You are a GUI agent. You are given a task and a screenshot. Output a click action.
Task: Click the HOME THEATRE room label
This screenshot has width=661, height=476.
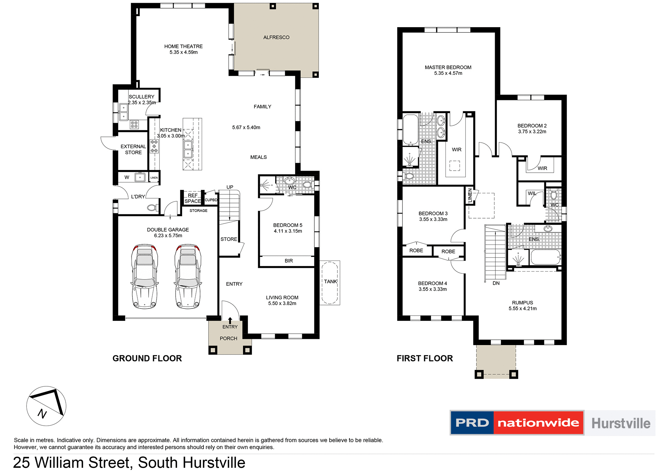(x=183, y=46)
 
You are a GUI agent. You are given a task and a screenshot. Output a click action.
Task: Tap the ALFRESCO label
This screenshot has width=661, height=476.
(x=276, y=37)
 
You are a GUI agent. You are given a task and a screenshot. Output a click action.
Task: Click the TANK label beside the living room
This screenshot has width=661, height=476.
(x=330, y=282)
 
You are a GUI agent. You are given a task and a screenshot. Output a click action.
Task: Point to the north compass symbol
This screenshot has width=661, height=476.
(x=46, y=406)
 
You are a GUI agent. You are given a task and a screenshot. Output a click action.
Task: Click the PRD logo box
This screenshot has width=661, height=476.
(x=472, y=423)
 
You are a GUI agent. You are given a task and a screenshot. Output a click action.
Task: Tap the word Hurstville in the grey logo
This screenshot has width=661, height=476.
(x=621, y=423)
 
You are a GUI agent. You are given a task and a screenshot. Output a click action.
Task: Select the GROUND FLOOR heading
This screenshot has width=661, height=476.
(x=147, y=358)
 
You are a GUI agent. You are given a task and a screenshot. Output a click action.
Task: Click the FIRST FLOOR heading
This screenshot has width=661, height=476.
(x=424, y=358)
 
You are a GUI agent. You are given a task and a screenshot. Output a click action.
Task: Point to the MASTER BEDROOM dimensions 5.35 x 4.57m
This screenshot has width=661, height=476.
(x=448, y=73)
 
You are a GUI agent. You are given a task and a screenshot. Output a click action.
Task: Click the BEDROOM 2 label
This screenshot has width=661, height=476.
(x=532, y=126)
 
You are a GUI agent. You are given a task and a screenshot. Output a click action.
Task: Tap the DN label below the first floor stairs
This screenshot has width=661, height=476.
(x=496, y=283)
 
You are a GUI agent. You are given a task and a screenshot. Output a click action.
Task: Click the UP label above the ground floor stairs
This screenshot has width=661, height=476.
(x=230, y=187)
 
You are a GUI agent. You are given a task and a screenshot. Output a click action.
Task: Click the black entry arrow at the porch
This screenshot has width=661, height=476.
(x=230, y=321)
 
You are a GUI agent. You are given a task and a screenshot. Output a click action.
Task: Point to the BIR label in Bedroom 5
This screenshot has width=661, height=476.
(x=288, y=261)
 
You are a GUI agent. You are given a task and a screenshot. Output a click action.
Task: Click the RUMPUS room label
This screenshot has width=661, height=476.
(x=522, y=303)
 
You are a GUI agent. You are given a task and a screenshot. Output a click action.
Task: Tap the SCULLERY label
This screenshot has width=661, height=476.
(x=141, y=97)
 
